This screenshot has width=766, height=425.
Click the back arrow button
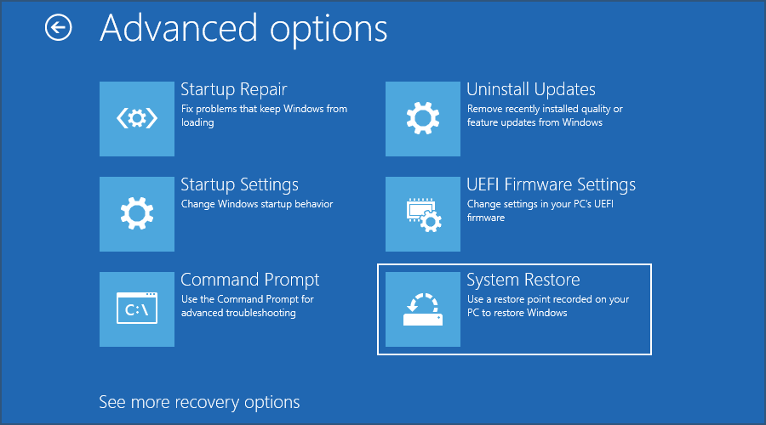pos(58,28)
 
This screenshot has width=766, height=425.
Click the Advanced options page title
pos(243,29)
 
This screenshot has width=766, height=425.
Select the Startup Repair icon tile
pos(137,119)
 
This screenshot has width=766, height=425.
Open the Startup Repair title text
pos(233,89)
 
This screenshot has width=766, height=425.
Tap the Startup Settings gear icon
pos(137,214)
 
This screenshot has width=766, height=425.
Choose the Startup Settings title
pos(239,184)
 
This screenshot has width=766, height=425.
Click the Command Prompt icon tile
pos(137,309)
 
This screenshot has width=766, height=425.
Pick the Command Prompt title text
pos(250,280)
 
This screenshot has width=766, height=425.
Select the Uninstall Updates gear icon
pos(423,119)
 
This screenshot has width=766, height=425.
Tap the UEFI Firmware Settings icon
pos(423,214)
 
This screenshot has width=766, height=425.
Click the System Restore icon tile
pos(423,309)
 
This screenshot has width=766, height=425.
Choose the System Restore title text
pos(523,280)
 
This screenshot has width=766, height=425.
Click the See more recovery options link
pos(199,401)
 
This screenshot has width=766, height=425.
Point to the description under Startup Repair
pos(264,116)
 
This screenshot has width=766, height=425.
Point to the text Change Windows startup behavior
pos(257,204)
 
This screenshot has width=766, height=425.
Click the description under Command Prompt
pos(248,306)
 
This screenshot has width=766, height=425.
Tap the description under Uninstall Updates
pos(545,116)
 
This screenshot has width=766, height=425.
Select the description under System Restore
pos(548,306)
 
